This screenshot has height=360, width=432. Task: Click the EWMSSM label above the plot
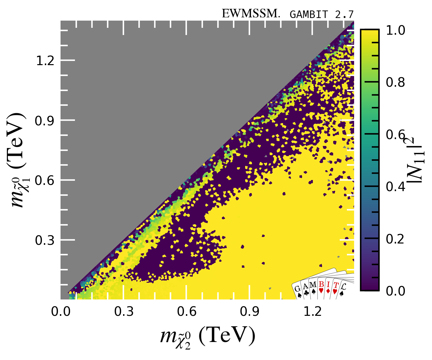pyautogui.click(x=251, y=14)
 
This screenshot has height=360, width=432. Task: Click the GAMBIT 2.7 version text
pyautogui.click(x=322, y=14)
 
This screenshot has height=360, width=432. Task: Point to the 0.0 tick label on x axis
pyautogui.click(x=61, y=311)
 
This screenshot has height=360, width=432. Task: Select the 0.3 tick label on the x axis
pyautogui.click(x=124, y=311)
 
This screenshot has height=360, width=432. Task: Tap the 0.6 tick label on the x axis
pyautogui.click(x=187, y=311)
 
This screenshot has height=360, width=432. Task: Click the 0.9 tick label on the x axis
pyautogui.click(x=249, y=311)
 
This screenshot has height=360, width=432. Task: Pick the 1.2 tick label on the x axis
pyautogui.click(x=313, y=311)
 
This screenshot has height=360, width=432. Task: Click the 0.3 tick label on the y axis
pyautogui.click(x=45, y=240)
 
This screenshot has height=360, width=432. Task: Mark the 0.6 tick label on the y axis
pyautogui.click(x=45, y=180)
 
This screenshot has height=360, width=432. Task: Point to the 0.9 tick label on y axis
pyautogui.click(x=45, y=120)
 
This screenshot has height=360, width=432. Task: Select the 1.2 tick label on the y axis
pyautogui.click(x=45, y=61)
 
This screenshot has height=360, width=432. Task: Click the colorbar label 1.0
pyautogui.click(x=395, y=30)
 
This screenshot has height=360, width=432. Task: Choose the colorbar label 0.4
pyautogui.click(x=395, y=187)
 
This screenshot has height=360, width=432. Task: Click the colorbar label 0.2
pyautogui.click(x=395, y=239)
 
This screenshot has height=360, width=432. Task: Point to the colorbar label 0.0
pyautogui.click(x=395, y=291)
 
